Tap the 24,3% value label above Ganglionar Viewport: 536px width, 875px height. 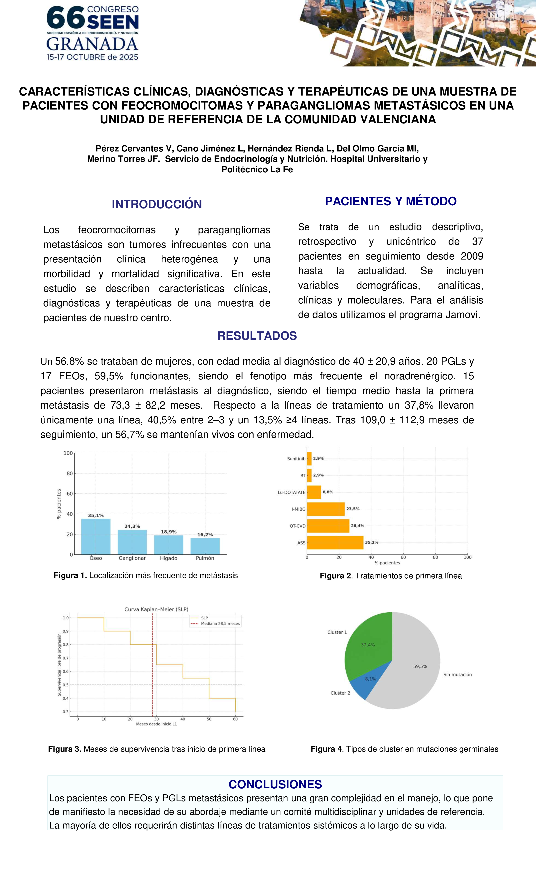pyautogui.click(x=132, y=526)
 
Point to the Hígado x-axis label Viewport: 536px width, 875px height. pyautogui.click(x=169, y=558)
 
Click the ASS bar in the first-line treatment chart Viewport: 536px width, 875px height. pyautogui.click(x=335, y=543)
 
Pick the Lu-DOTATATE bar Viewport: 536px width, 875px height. pyautogui.click(x=314, y=492)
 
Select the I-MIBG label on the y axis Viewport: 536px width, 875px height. pyautogui.click(x=299, y=509)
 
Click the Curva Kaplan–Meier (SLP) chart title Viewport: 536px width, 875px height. pyautogui.click(x=156, y=609)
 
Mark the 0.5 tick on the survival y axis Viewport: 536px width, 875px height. pyautogui.click(x=66, y=685)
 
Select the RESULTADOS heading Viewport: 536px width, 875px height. pyautogui.click(x=257, y=336)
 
